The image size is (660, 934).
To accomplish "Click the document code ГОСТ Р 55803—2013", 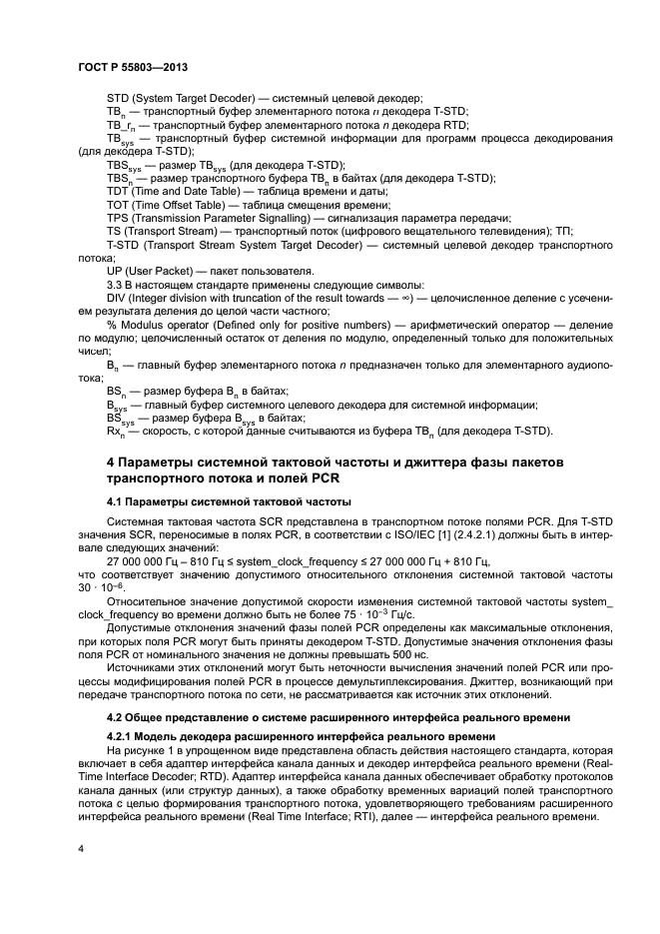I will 133,67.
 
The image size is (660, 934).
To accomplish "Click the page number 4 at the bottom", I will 81,848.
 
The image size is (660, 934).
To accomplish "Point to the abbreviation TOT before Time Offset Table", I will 119,204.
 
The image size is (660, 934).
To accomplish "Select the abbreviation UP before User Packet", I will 116,271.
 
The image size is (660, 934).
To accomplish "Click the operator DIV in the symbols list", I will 118,298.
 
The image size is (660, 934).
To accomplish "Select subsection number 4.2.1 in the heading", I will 122,736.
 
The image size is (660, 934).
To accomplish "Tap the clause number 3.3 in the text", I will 116,285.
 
